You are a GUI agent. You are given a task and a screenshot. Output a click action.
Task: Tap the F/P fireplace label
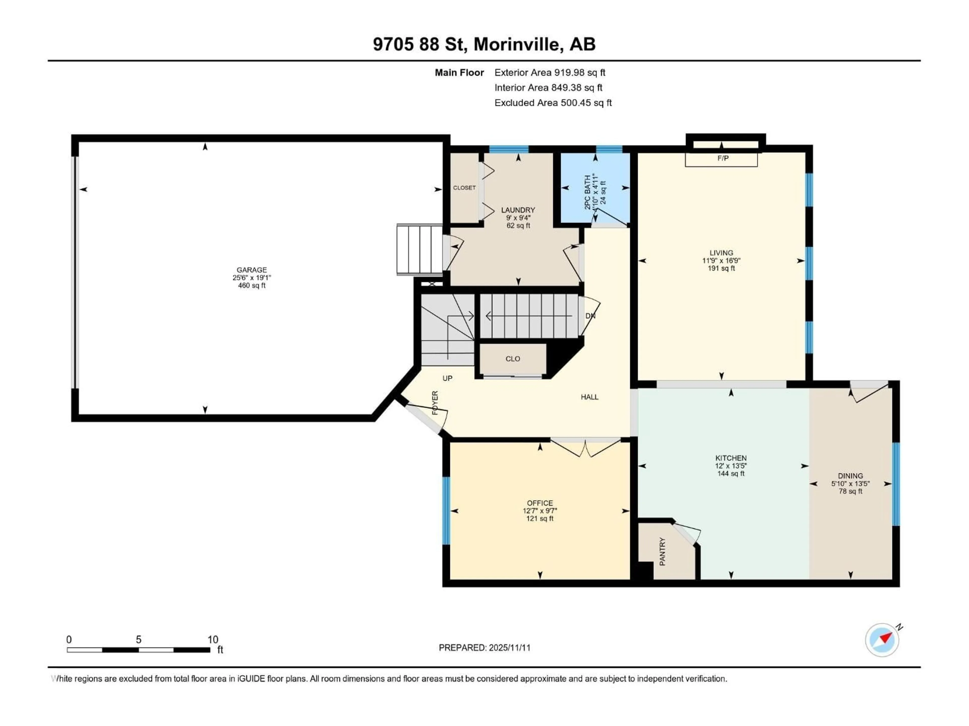[723, 158]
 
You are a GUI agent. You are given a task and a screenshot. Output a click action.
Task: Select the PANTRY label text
[662, 552]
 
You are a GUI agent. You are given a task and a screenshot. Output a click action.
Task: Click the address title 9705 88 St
[484, 44]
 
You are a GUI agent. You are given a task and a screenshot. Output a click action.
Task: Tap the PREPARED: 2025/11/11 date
[484, 648]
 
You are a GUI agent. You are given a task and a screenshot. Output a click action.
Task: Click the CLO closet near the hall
[513, 359]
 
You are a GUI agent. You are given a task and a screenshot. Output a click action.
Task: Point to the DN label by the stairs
[590, 316]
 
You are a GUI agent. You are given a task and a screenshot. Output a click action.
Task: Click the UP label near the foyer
[447, 378]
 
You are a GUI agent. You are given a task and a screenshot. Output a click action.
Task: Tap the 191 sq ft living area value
[721, 268]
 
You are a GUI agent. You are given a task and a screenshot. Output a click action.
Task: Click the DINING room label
[850, 476]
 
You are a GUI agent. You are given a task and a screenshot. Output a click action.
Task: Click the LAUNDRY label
[518, 210]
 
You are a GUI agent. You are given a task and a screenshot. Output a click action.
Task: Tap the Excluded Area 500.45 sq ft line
[553, 103]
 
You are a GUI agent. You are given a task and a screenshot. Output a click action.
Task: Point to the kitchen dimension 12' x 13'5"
[731, 466]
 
